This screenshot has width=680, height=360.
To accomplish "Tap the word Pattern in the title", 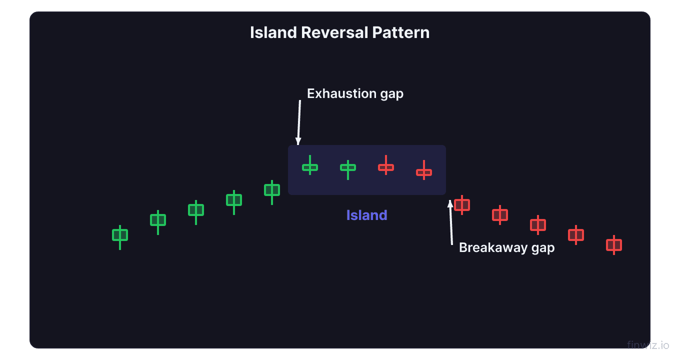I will tap(400, 32).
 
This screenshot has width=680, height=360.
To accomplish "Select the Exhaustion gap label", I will tap(355, 93).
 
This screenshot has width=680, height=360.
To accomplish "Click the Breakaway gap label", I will tap(506, 247).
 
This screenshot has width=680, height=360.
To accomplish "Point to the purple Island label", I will tap(366, 215).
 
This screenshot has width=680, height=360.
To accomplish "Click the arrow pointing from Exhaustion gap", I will tap(299, 122).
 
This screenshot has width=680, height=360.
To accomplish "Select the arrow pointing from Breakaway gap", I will tap(451, 222).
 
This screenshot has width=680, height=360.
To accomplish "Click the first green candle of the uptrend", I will tap(120, 235).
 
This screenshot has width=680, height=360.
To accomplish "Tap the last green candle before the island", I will tap(272, 190).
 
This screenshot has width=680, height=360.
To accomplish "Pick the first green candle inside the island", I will tap(310, 167).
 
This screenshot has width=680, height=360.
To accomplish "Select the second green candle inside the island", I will tap(348, 167).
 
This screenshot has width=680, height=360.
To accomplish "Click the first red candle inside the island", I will tap(386, 167).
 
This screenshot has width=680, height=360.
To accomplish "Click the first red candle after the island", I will tap(462, 205).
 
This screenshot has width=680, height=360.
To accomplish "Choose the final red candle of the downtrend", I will tap(614, 245).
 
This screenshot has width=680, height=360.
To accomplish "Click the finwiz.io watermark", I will tap(648, 345).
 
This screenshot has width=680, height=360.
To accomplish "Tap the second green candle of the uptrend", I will tap(158, 220).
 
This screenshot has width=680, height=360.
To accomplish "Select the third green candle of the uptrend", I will tap(196, 210).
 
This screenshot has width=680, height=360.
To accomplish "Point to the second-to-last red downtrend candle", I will tap(576, 234).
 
